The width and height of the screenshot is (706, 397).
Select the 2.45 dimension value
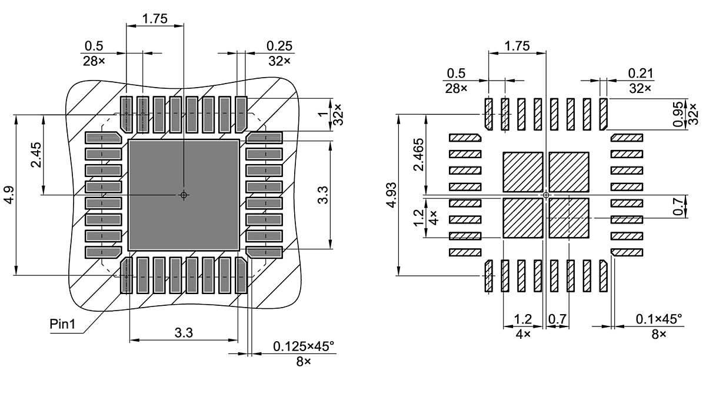pyautogui.click(x=37, y=154)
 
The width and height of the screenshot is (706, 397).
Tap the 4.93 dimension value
pyautogui.click(x=391, y=196)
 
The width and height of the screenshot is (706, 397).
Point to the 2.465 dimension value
pyautogui.click(x=418, y=154)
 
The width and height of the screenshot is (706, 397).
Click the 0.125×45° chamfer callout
pyautogui.click(x=304, y=346)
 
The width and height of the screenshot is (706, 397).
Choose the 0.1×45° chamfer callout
pyautogui.click(x=659, y=319)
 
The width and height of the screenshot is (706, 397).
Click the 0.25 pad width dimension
pyautogui.click(x=279, y=46)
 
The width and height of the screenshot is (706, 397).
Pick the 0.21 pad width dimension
pyautogui.click(x=641, y=73)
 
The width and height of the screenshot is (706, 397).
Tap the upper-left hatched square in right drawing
pyautogui.click(x=522, y=172)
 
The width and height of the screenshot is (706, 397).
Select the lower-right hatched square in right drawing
pyautogui.click(x=569, y=218)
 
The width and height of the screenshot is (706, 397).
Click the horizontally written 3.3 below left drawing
pyautogui.click(x=184, y=333)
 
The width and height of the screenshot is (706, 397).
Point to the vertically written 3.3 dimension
pyautogui.click(x=323, y=195)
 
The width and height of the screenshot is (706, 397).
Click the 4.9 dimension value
pyautogui.click(x=9, y=195)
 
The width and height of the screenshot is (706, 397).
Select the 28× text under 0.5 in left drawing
pyautogui.click(x=93, y=61)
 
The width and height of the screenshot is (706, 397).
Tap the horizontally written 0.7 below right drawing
pyautogui.click(x=557, y=319)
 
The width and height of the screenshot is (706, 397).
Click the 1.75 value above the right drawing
pyautogui.click(x=518, y=45)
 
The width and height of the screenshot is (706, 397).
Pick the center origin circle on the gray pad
pyautogui.click(x=184, y=195)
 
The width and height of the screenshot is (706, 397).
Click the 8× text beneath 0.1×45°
pyautogui.click(x=659, y=333)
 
